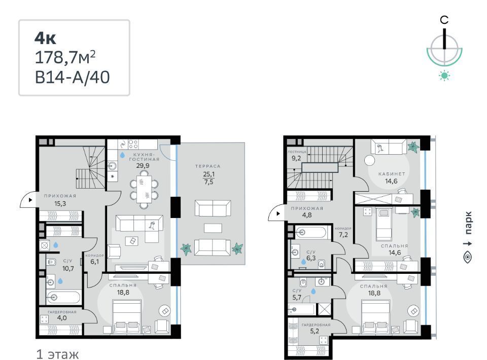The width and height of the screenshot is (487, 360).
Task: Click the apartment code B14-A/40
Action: (73, 77)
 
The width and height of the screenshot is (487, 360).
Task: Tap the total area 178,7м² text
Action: (65, 57)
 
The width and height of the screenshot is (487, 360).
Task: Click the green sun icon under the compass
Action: (444, 76)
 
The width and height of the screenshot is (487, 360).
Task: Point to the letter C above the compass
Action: (444, 20)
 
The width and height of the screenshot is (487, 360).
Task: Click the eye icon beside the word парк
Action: (467, 257)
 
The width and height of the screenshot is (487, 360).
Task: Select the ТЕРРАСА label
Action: (208, 166)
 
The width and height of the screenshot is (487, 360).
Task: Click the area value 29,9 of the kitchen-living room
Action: (143, 166)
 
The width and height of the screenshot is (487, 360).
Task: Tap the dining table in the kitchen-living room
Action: (144, 189)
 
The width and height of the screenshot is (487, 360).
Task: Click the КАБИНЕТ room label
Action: (392, 174)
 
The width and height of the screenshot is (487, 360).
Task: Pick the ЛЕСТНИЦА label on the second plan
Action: (297, 152)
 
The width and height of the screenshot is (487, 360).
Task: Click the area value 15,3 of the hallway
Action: (60, 204)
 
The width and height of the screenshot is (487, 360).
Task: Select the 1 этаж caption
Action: (57, 354)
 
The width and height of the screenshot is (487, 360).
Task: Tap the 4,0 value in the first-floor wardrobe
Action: (62, 318)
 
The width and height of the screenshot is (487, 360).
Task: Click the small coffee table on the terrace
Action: (213, 228)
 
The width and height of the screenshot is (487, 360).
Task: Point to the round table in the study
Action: (370, 160)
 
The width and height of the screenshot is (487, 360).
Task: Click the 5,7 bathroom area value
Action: (297, 297)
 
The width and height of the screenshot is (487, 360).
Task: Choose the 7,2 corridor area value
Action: (343, 235)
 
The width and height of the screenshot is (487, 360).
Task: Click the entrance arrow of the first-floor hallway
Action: (30, 200)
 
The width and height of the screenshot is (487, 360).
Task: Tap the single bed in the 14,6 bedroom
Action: (384, 225)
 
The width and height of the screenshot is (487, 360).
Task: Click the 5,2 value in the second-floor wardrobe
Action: (315, 331)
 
